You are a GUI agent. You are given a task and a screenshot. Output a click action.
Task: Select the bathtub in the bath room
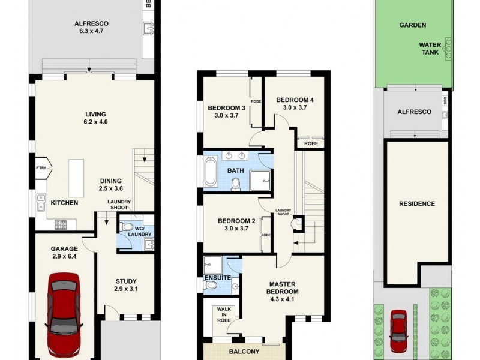point(211,172)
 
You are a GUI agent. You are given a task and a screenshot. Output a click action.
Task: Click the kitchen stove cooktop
point(62,225)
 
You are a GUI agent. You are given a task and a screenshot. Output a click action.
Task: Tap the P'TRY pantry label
point(41,169)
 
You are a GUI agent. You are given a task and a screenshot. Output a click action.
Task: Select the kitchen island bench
point(76,178)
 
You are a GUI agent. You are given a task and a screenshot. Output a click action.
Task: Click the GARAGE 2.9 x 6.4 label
point(64,253)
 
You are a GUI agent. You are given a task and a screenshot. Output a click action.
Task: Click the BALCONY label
point(243,352)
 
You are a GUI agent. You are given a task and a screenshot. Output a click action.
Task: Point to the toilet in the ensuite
point(211,287)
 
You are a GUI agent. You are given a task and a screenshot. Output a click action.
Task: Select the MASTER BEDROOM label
point(283,288)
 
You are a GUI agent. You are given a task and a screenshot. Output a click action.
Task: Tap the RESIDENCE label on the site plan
point(417,204)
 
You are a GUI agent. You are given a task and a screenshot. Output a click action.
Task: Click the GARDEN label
point(413,25)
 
